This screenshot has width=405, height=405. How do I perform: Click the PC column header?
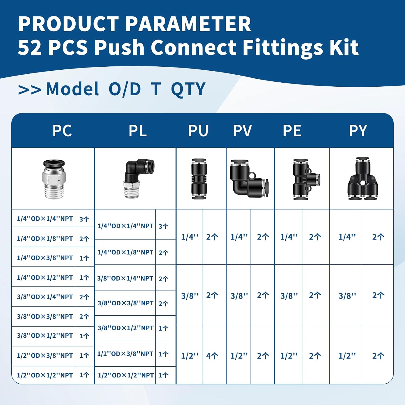(62, 131)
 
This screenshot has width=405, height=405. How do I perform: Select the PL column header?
(138, 131)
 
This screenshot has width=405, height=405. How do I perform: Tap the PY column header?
(358, 131)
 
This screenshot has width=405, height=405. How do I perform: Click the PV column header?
(242, 131)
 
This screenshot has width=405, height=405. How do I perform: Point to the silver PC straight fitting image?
(54, 179)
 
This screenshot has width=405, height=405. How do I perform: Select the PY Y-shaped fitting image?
(362, 179)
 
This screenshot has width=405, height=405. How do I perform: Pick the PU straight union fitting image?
(199, 179)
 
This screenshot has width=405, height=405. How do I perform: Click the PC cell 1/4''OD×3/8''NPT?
(45, 258)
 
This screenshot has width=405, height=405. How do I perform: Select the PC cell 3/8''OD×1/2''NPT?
(45, 336)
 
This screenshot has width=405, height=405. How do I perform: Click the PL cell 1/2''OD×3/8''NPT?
(125, 354)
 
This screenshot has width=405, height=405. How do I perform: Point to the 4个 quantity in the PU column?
(212, 356)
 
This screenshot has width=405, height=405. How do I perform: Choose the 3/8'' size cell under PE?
(289, 296)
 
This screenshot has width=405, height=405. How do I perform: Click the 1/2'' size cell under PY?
(347, 356)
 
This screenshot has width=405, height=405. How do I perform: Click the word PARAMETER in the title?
(188, 24)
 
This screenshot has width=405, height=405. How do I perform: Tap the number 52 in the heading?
(30, 48)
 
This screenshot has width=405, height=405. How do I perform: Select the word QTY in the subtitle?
(188, 89)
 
